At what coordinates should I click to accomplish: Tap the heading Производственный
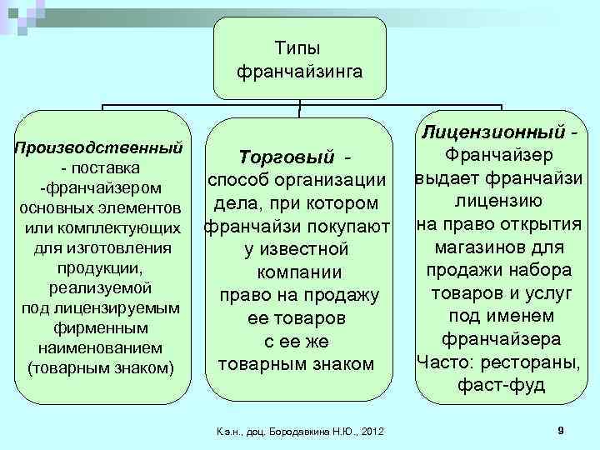[x=99, y=148]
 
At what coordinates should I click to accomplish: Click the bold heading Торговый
[x=287, y=157]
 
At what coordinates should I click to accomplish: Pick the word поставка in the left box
[x=105, y=168]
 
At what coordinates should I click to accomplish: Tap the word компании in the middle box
[x=298, y=272]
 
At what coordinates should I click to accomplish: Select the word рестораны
[x=537, y=363]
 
